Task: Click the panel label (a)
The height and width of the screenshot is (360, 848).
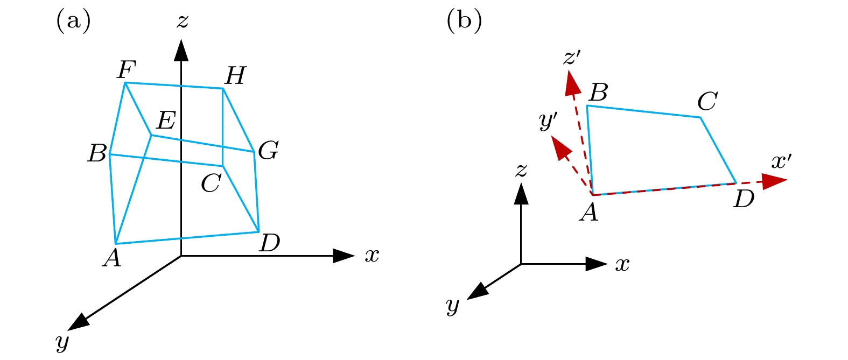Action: (73, 22)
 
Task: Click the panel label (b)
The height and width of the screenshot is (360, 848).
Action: (464, 22)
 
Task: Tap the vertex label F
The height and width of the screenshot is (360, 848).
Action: (127, 69)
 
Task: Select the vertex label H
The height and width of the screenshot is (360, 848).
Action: (235, 76)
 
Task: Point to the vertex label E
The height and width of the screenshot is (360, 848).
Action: (165, 121)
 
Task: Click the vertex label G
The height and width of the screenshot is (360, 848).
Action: (268, 151)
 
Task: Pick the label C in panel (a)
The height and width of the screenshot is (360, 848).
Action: (211, 184)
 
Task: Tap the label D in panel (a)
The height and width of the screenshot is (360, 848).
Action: (269, 243)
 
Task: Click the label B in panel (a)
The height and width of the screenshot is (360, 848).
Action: (97, 153)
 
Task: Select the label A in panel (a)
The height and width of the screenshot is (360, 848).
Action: (111, 258)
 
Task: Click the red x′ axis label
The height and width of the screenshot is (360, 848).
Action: (781, 161)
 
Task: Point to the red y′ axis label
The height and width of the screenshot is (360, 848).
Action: (548, 122)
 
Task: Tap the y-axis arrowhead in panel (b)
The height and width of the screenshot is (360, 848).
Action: (477, 291)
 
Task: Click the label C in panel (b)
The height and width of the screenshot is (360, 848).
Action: (707, 101)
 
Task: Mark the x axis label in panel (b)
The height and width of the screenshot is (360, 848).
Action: (622, 264)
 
